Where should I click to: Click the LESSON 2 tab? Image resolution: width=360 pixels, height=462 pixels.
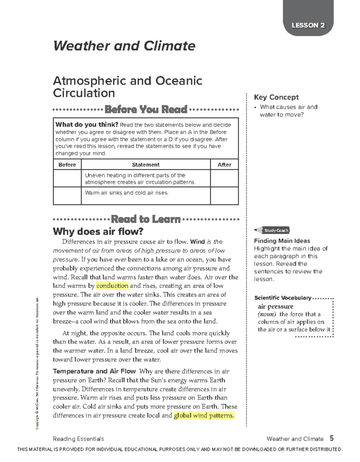(308, 25)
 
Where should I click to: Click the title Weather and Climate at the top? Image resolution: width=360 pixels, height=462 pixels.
(124, 46)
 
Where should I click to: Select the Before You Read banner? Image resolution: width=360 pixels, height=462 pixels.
(146, 109)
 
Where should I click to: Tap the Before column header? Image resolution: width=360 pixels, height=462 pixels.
(67, 165)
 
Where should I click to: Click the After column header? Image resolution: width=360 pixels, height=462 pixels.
(224, 165)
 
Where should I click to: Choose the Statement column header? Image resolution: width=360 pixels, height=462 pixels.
(146, 165)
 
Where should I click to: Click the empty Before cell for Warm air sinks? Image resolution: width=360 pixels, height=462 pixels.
(67, 196)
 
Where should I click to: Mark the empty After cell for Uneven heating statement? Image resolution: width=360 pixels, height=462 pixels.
(224, 178)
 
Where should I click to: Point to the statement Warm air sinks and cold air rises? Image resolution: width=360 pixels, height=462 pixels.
(127, 193)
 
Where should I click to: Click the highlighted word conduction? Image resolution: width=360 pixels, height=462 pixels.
(112, 286)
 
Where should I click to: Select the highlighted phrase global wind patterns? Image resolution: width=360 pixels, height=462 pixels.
(204, 415)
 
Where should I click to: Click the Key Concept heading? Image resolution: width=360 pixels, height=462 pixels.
(276, 97)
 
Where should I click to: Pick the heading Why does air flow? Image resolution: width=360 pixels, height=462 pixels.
(98, 231)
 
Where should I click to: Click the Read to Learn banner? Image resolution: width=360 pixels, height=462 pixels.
(146, 219)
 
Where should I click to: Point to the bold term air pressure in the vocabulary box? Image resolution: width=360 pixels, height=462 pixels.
(275, 306)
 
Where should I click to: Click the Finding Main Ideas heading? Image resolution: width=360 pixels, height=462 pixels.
(282, 241)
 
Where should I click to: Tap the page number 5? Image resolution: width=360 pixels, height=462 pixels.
(331, 439)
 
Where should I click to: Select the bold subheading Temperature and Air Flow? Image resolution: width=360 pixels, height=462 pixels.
(94, 371)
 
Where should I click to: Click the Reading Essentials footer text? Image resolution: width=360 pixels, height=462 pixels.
(78, 439)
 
